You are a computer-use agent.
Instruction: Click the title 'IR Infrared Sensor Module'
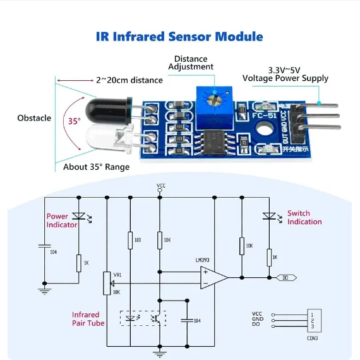pyautogui.click(x=179, y=36)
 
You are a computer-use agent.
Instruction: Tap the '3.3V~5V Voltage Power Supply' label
pyautogui.click(x=285, y=74)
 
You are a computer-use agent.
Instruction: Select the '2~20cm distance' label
pyautogui.click(x=129, y=80)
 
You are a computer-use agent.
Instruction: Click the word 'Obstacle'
pyautogui.click(x=34, y=118)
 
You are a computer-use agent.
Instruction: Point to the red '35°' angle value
pyautogui.click(x=74, y=120)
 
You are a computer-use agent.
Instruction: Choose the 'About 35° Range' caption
pyautogui.click(x=96, y=167)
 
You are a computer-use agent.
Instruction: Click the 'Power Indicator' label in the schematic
pyautogui.click(x=61, y=220)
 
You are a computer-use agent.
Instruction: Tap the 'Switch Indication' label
pyautogui.click(x=304, y=218)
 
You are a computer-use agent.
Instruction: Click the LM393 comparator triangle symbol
pyautogui.click(x=213, y=277)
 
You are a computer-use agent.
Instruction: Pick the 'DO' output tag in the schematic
pyautogui.click(x=286, y=277)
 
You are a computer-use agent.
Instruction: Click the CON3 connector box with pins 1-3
pyautogui.click(x=313, y=320)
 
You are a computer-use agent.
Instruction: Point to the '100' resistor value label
pyautogui.click(x=138, y=241)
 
